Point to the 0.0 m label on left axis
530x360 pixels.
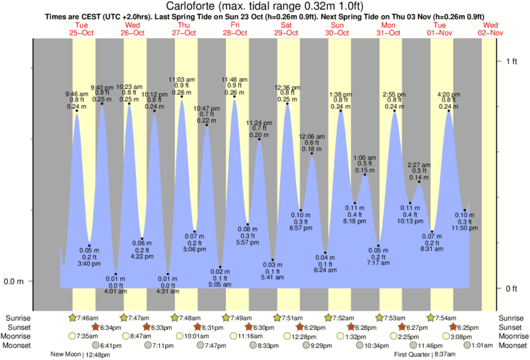tap(13, 281)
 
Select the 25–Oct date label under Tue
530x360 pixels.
tap(82, 32)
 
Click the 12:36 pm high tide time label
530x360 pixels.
tap(287, 87)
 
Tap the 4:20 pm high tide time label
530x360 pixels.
tap(448, 94)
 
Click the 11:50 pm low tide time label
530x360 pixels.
tap(465, 228)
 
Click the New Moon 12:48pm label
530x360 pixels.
tap(78, 355)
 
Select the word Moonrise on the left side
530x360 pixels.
tap(21, 336)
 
